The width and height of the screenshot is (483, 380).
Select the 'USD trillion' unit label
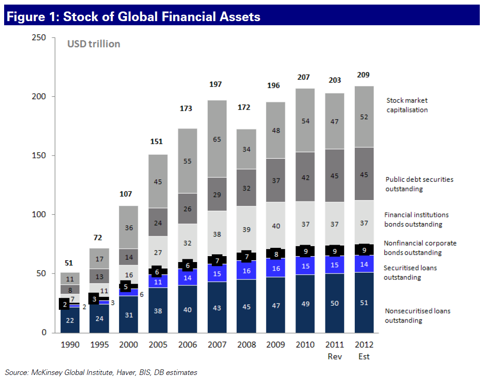(x=94, y=44)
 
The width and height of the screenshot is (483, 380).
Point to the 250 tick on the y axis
(x=39, y=38)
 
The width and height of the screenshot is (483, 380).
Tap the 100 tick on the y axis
(x=39, y=214)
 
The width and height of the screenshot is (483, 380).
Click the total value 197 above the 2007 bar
(x=216, y=84)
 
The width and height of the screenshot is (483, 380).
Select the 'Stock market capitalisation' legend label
(x=407, y=105)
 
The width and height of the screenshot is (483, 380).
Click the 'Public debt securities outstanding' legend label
(x=419, y=184)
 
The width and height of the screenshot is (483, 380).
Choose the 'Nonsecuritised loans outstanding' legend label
(x=417, y=316)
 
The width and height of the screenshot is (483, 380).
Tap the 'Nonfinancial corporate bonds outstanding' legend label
(x=420, y=248)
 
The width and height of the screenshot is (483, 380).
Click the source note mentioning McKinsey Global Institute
(x=101, y=372)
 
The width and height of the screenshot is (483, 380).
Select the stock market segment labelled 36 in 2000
(x=128, y=227)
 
